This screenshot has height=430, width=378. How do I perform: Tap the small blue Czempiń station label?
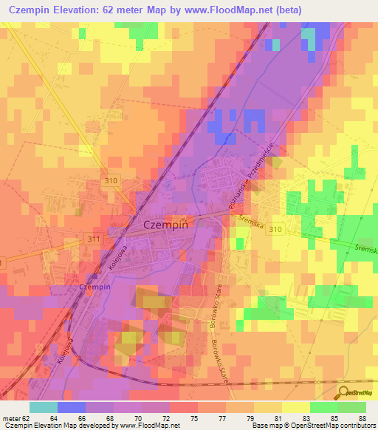click(x=94, y=286)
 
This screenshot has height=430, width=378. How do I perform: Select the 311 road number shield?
click(x=94, y=239)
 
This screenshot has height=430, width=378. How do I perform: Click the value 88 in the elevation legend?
click(x=361, y=418)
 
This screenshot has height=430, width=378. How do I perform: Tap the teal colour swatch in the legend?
click(x=43, y=407)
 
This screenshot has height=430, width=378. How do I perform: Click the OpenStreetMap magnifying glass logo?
click(x=342, y=392)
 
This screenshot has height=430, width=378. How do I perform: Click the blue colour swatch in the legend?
click(x=71, y=407)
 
